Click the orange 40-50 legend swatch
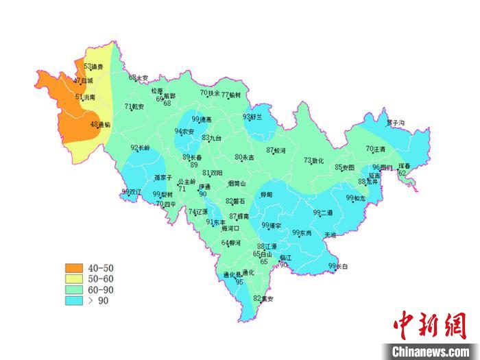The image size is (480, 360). [x=73, y=267]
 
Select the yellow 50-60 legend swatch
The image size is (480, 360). [x=73, y=278]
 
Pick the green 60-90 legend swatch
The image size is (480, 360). [x=73, y=289]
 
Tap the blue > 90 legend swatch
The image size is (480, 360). [x=73, y=300]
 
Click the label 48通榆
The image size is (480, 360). [x=99, y=125]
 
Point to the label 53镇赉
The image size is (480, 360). [x=93, y=67]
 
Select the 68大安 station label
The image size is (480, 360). [x=139, y=78]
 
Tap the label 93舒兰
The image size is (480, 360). [x=252, y=117]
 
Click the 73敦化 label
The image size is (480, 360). [x=313, y=160]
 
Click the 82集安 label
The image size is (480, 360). [x=263, y=298]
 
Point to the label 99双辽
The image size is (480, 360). [x=131, y=191]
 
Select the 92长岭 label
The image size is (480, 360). [x=140, y=147]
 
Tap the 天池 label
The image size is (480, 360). [x=331, y=235]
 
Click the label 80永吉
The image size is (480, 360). [x=244, y=157]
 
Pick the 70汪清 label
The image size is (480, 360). [x=376, y=149]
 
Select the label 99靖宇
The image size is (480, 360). [x=272, y=225]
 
